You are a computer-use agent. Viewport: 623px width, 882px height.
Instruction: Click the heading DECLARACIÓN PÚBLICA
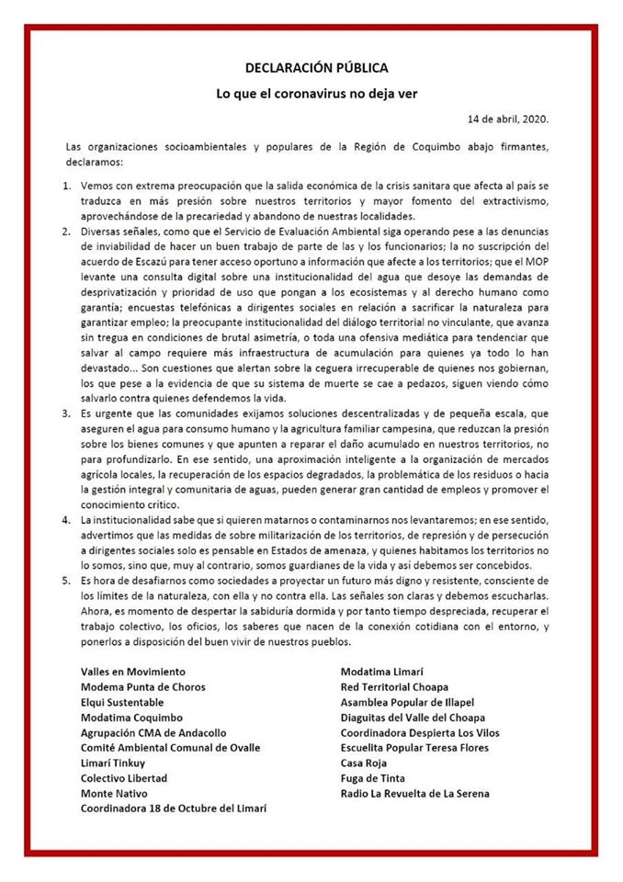(316, 68)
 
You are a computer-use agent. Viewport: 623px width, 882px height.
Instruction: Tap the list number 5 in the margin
(67, 582)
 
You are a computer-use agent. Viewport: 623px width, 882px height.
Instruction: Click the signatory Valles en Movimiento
(132, 672)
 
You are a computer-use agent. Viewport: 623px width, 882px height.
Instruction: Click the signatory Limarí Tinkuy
(113, 763)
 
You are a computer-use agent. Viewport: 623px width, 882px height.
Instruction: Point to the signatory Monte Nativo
(114, 793)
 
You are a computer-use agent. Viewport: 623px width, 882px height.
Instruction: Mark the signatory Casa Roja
(365, 763)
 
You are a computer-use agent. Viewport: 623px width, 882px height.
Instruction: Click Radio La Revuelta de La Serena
(414, 793)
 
